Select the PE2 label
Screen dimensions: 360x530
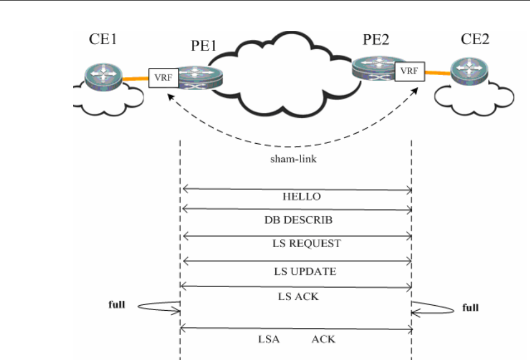[x=377, y=40]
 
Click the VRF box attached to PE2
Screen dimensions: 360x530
[x=409, y=70]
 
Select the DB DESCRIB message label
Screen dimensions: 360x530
[x=298, y=220]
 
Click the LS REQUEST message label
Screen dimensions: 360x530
[x=308, y=243]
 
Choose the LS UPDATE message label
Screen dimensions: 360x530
[x=305, y=272]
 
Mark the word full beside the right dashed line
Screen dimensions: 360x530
[x=470, y=308]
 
